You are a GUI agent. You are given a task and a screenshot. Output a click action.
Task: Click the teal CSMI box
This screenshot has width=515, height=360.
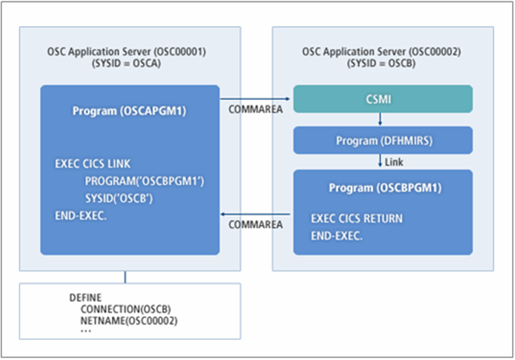click(x=383, y=98)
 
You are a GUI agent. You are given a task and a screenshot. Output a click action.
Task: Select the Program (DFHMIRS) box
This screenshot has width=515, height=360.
click(x=383, y=140)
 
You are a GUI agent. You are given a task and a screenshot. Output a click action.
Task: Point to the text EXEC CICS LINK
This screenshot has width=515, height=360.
click(x=93, y=164)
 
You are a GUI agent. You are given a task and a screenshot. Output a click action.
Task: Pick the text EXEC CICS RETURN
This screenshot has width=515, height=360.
click(x=357, y=218)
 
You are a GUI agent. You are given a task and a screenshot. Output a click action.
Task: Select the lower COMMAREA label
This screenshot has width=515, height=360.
click(x=256, y=225)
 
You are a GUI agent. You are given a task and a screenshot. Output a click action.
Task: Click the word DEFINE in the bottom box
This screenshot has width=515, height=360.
click(x=86, y=298)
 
